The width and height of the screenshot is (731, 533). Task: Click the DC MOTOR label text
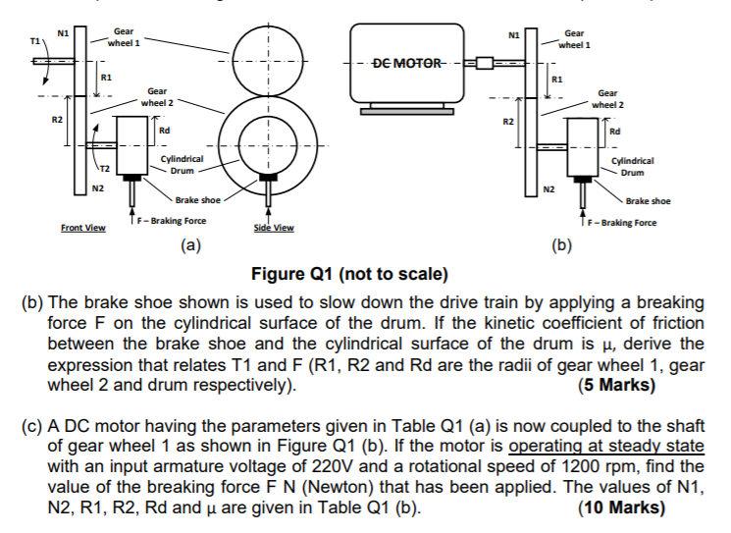click(407, 63)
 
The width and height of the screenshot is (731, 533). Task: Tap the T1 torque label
click(35, 41)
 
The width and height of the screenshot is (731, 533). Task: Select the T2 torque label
click(105, 169)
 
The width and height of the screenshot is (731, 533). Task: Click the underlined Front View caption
click(83, 228)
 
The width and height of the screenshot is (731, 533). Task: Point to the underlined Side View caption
click(274, 228)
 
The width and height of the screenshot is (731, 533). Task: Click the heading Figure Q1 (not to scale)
click(349, 274)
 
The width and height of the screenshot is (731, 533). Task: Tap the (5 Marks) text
click(617, 385)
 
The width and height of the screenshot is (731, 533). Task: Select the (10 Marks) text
click(621, 507)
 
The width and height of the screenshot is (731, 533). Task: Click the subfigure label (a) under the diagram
click(190, 244)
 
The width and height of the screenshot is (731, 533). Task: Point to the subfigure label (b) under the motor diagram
click(562, 244)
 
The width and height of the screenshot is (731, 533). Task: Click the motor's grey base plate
click(407, 112)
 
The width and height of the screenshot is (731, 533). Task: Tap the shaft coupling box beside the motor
click(485, 63)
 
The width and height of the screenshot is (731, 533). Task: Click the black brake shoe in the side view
click(268, 178)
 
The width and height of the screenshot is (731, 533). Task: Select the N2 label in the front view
click(98, 188)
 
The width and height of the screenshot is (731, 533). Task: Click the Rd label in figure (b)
click(615, 132)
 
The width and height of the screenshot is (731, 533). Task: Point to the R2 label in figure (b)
click(508, 122)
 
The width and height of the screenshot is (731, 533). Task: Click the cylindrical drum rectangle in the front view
click(131, 145)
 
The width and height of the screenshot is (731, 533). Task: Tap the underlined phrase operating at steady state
click(606, 447)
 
